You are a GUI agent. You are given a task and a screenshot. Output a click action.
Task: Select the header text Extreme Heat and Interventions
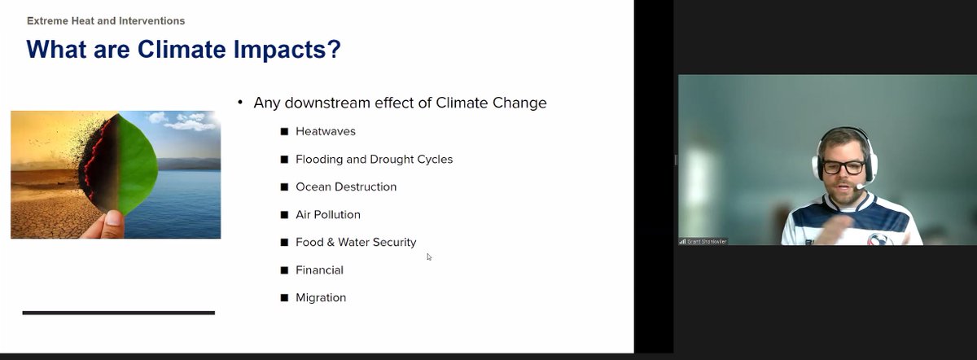106,20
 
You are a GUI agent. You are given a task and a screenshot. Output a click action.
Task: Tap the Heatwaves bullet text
325,131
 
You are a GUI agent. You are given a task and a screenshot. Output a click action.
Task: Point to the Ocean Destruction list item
346,187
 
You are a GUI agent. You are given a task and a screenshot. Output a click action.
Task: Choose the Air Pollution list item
327,214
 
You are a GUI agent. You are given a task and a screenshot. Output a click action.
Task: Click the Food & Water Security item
356,242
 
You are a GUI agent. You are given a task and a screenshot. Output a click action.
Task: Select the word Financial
319,270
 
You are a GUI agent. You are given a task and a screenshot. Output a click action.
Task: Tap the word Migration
321,297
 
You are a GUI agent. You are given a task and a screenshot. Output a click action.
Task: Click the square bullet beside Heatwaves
284,131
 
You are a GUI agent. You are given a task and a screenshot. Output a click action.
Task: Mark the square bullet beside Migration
284,297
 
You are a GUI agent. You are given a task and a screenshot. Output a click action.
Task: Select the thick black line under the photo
118,312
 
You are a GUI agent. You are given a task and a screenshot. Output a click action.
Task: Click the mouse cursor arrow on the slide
429,257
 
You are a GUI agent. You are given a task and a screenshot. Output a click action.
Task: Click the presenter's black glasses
843,166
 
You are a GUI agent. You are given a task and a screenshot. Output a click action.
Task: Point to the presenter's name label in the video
703,241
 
